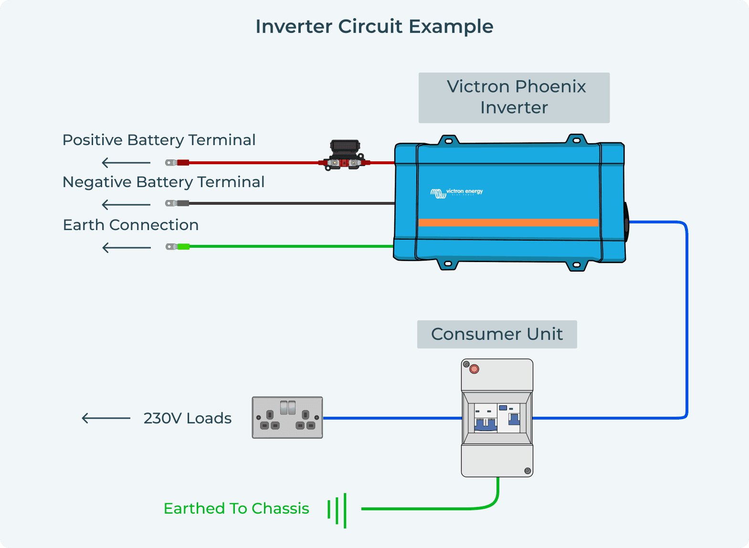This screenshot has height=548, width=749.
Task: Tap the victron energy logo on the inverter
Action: point(457,192)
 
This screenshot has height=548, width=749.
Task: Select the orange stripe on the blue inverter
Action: point(508,222)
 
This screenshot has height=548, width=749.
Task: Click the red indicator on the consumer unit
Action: point(474,369)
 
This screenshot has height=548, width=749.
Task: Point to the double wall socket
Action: point(287,417)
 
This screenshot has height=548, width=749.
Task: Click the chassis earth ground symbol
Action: point(337,510)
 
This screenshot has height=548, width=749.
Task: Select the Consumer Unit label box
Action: point(497,334)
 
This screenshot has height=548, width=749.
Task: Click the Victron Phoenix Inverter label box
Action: point(514,97)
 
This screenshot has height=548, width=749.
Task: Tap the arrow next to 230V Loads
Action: point(106,418)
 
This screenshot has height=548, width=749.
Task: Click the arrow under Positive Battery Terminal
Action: point(126,163)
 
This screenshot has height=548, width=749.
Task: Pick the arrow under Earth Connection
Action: point(127,247)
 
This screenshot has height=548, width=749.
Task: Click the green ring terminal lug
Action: point(177,247)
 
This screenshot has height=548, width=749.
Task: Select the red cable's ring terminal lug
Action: point(177,163)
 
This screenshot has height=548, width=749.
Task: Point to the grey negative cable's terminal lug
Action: point(177,203)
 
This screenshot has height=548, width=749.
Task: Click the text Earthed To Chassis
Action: point(236,509)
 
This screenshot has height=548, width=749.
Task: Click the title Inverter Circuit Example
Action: point(374,27)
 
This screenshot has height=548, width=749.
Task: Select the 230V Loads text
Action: point(187,418)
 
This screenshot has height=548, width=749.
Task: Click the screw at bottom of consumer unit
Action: point(527,471)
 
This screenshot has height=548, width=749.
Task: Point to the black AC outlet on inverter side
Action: point(626,222)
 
